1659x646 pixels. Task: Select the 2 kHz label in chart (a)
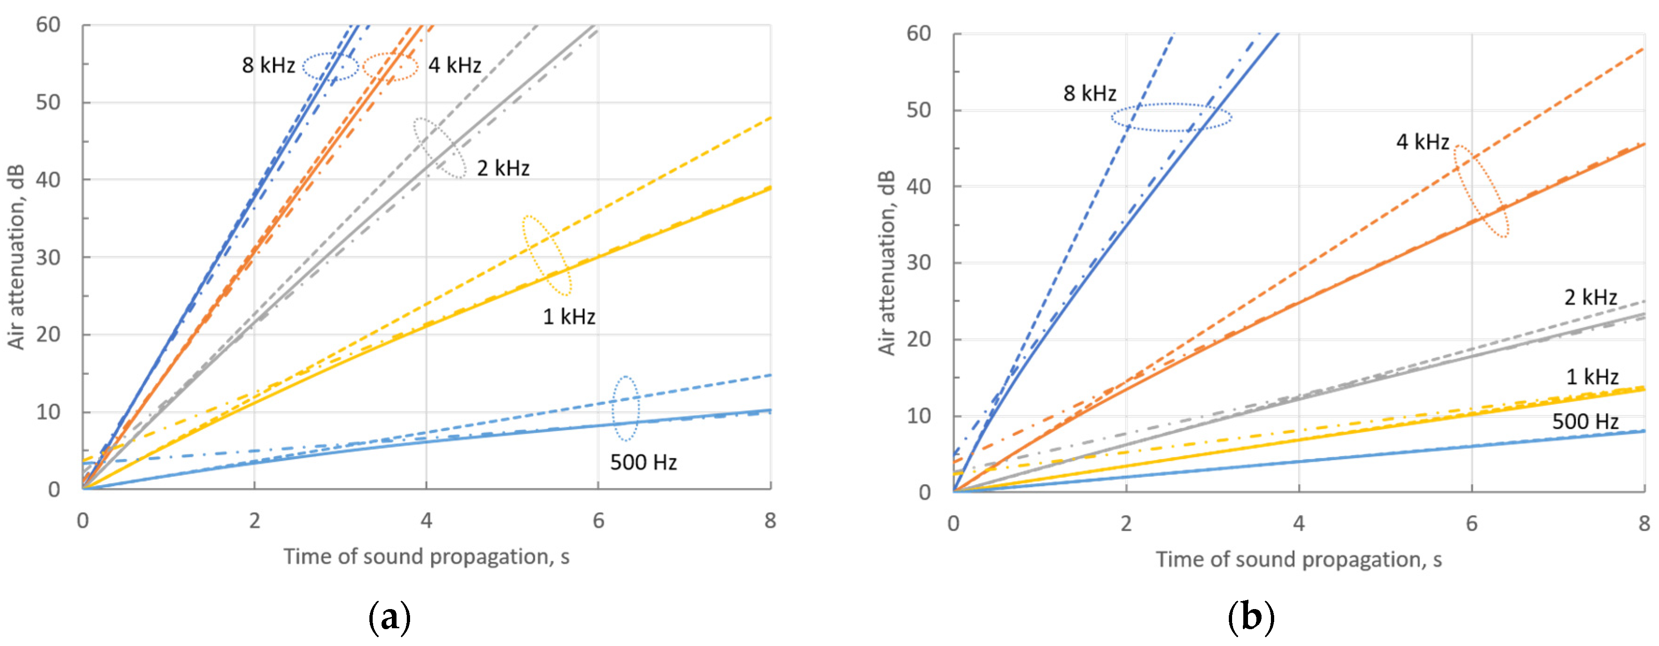click(x=503, y=168)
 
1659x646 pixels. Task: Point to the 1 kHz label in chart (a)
click(x=569, y=317)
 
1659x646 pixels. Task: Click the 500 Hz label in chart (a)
click(x=643, y=462)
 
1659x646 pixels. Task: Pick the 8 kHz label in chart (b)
click(x=1089, y=93)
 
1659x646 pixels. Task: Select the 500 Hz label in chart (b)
click(x=1585, y=422)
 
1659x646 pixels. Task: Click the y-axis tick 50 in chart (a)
click(x=48, y=102)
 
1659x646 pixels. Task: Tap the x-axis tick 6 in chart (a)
click(x=599, y=520)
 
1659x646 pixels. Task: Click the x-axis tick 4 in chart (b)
click(x=1298, y=524)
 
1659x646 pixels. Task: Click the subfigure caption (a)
click(x=389, y=617)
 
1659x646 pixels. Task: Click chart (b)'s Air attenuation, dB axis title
click(x=887, y=263)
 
